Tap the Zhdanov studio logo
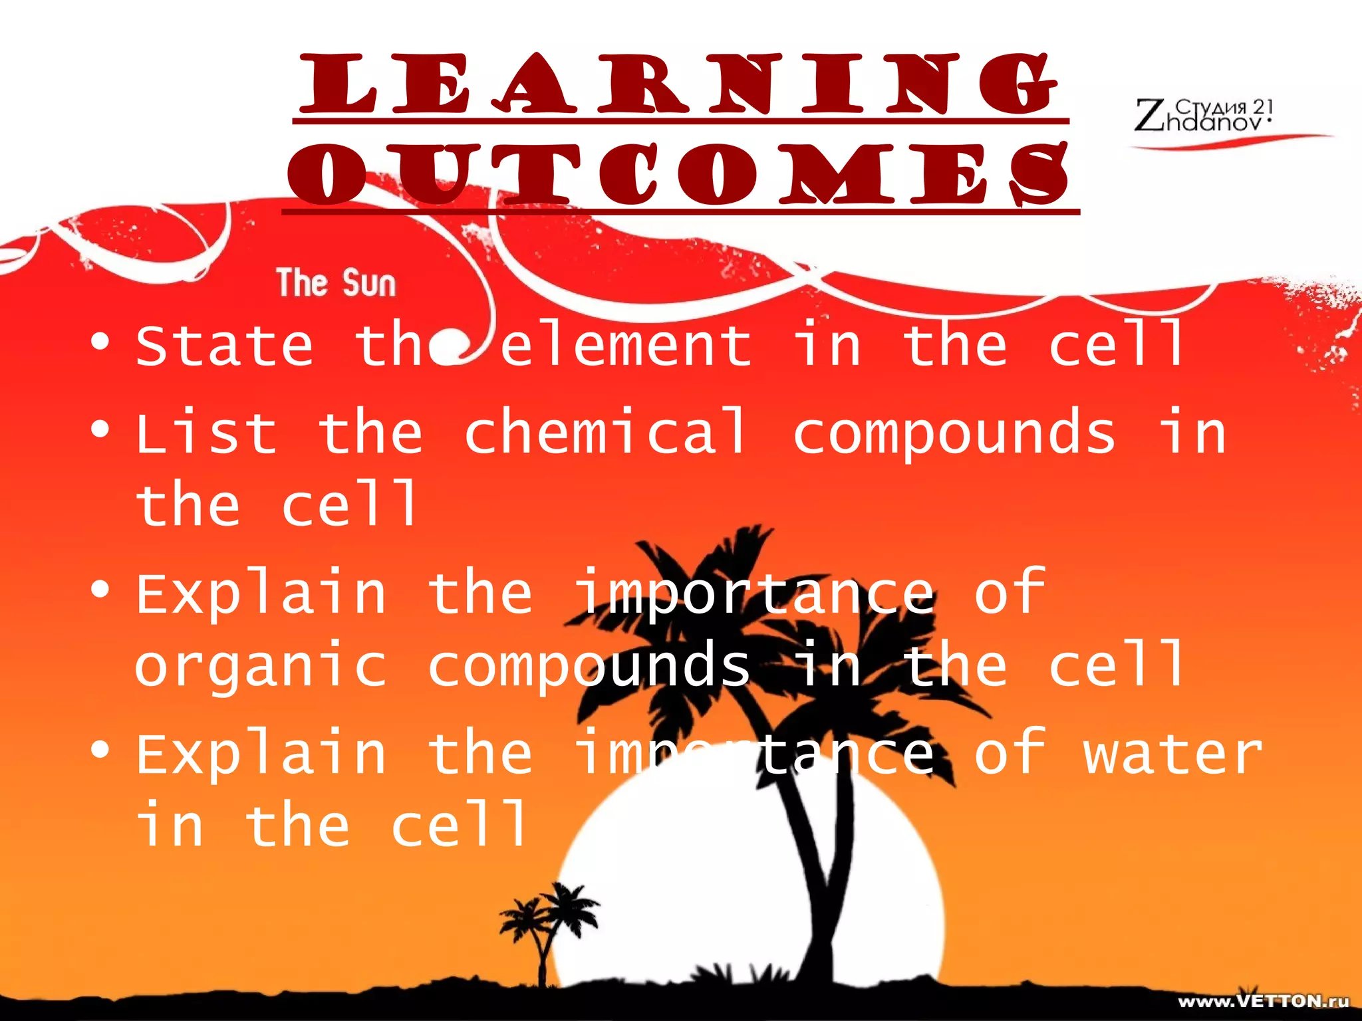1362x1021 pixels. (x=1204, y=115)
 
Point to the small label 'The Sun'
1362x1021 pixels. (x=336, y=283)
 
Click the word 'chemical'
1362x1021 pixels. (x=605, y=433)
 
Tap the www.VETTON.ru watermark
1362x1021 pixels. (x=1263, y=1002)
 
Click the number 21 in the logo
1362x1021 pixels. (x=1262, y=106)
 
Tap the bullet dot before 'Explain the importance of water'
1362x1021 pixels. (x=100, y=750)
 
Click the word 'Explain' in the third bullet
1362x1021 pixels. (x=261, y=593)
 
